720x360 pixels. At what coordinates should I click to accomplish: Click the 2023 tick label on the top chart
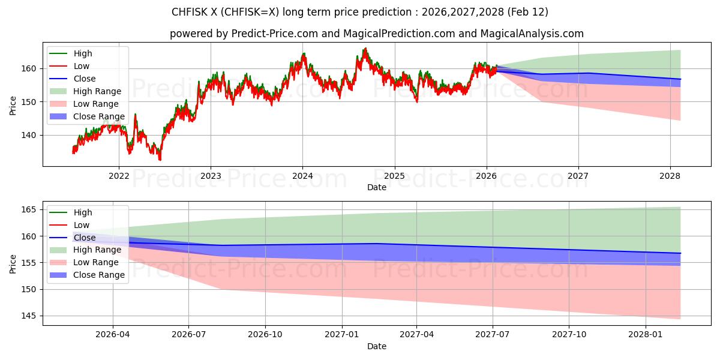click(x=211, y=176)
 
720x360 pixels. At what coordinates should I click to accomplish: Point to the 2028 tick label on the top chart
click(x=670, y=176)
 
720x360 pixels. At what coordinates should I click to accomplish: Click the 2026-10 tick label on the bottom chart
click(x=265, y=335)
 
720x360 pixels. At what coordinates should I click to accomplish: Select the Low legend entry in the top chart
click(x=83, y=66)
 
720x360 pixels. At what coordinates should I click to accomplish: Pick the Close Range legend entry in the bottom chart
click(x=98, y=275)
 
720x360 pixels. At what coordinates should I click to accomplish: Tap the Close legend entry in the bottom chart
click(x=84, y=238)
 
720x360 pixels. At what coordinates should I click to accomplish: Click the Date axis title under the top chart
click(x=377, y=187)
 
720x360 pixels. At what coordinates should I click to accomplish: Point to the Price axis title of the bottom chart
click(x=13, y=263)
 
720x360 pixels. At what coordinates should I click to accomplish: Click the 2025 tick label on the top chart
click(x=394, y=176)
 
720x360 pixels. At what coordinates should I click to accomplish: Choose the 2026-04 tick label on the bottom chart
click(x=113, y=335)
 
